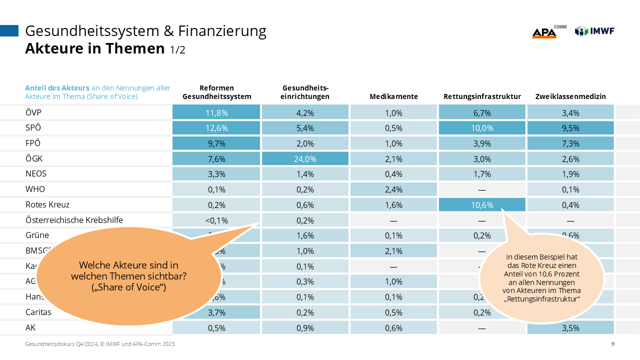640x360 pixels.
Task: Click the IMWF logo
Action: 594,31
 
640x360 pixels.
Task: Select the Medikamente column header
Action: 393,96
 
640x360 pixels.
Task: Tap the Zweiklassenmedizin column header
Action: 570,96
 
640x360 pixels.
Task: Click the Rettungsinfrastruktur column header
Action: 482,96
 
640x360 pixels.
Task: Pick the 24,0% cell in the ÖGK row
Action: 305,158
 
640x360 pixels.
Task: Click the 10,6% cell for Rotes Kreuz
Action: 482,204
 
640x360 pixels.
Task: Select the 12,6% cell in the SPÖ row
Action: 216,127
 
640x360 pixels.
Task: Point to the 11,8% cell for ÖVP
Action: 216,112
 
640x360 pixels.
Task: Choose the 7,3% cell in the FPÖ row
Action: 570,143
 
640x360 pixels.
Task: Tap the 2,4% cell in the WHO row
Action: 393,189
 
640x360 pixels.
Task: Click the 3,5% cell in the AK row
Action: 570,328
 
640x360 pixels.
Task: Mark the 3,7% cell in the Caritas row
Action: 216,312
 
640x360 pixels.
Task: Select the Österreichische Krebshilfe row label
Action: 74,220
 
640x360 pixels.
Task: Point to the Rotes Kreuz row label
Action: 47,204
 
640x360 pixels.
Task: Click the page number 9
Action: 613,344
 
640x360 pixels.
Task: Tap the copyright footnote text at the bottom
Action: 100,344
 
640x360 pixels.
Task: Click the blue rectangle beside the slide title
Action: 9,31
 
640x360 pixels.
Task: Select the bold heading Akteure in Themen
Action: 95,48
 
